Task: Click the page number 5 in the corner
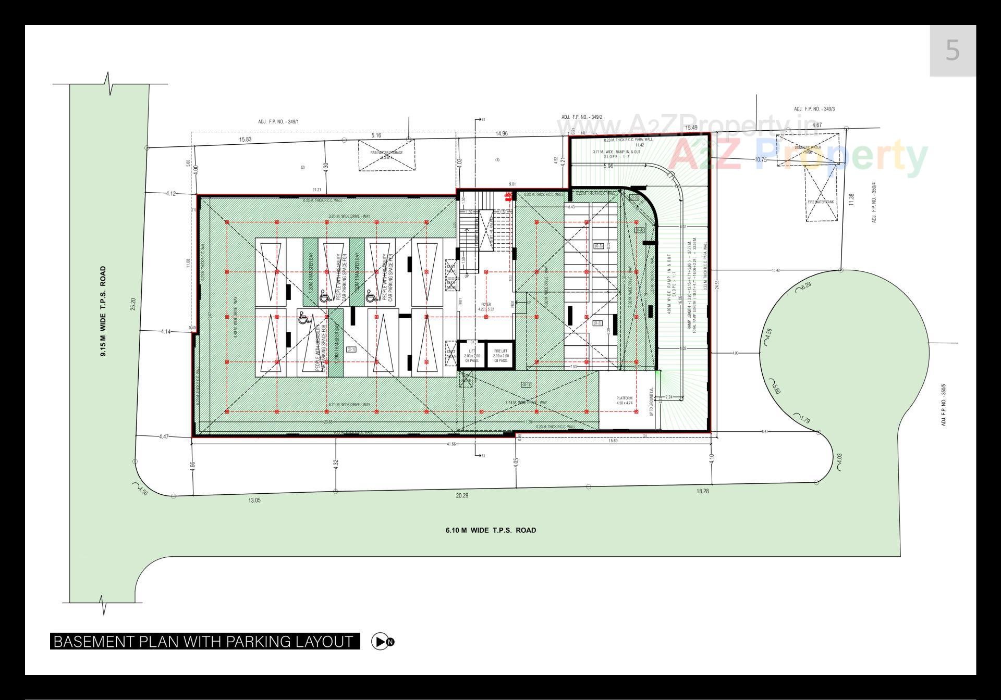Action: tap(952, 51)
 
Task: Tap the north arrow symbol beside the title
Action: tap(383, 641)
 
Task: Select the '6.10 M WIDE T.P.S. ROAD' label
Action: tap(490, 530)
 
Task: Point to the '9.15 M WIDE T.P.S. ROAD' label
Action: tap(103, 311)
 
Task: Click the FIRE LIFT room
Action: tap(500, 356)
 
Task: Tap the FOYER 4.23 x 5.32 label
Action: tap(486, 306)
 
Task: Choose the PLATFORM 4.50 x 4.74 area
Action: tap(624, 400)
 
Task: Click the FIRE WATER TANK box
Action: tap(821, 201)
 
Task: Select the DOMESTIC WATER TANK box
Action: tap(808, 150)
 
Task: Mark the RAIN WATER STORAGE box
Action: tap(386, 154)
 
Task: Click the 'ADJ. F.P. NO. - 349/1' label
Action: tap(278, 122)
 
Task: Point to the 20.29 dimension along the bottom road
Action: tap(462, 495)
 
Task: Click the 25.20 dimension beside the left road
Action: tap(133, 304)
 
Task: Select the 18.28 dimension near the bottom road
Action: tap(702, 491)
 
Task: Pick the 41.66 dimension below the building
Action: tap(451, 444)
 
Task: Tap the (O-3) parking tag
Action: tap(598, 246)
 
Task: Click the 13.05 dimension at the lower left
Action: tap(254, 500)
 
